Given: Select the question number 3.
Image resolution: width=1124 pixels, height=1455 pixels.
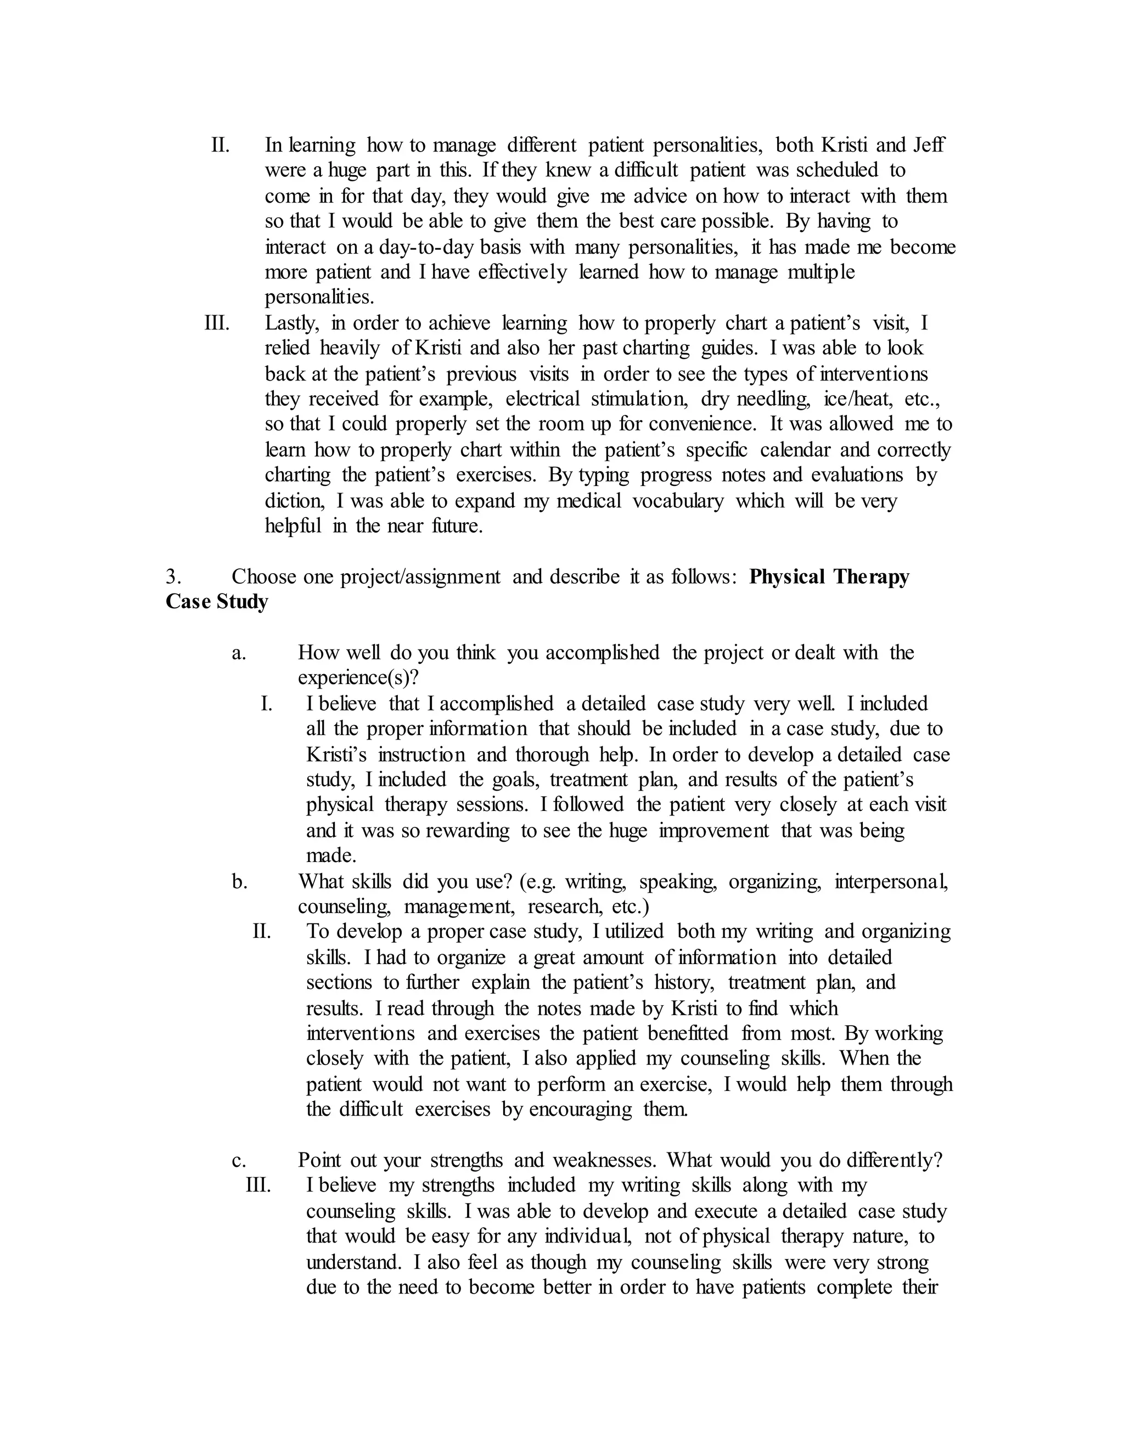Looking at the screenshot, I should coord(172,577).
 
